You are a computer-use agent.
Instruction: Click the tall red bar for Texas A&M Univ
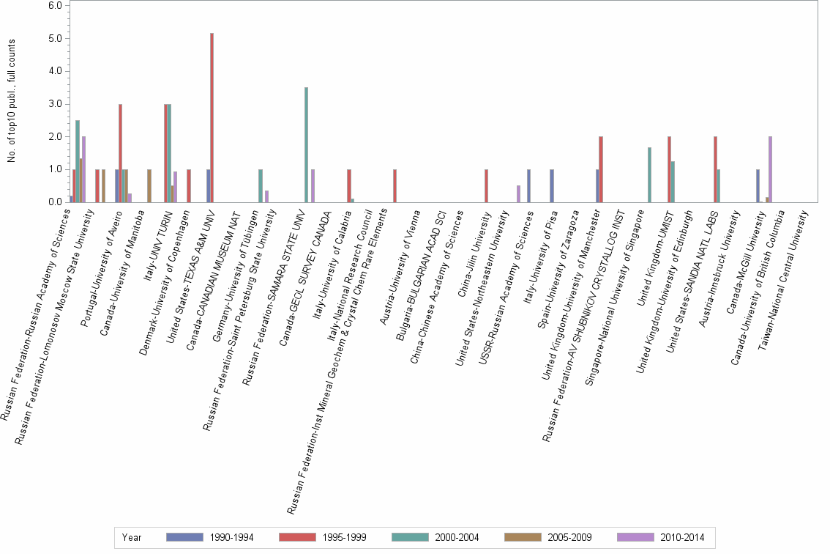point(212,117)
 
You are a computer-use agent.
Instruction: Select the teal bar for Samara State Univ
point(306,144)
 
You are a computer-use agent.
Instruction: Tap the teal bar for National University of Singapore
point(649,174)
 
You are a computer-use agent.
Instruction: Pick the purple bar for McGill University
point(770,169)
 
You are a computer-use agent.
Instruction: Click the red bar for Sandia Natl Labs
point(715,169)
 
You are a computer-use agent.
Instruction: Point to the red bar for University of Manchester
point(601,169)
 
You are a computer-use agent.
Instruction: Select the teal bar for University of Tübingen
point(261,185)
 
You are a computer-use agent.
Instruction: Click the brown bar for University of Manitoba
point(149,185)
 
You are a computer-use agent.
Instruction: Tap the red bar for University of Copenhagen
point(189,185)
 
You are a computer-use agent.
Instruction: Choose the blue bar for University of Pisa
point(551,185)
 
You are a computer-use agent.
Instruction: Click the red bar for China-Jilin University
point(486,185)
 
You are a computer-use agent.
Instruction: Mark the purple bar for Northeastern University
point(518,193)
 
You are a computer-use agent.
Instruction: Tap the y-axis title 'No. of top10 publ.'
point(11,103)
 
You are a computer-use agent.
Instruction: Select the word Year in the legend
point(132,537)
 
